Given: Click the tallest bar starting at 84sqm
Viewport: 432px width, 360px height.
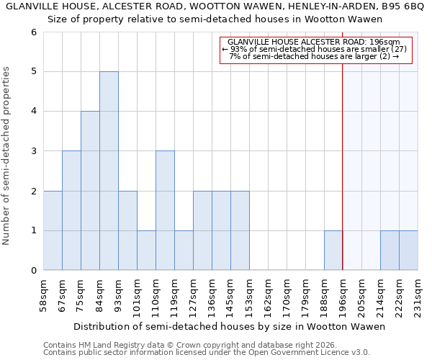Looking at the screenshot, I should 109,171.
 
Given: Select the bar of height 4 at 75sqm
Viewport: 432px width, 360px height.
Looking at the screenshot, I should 90,191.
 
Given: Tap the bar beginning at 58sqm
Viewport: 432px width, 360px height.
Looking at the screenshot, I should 53,230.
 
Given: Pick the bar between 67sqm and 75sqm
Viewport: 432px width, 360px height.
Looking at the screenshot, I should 71,210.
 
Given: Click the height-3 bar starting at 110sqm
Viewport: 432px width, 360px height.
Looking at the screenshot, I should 165,210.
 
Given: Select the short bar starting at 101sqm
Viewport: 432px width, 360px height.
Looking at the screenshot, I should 146,251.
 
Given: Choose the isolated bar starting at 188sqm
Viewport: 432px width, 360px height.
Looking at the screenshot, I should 333,251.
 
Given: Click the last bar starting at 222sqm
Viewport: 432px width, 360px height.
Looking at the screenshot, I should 408,251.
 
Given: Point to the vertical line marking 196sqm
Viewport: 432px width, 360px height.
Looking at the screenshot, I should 343,144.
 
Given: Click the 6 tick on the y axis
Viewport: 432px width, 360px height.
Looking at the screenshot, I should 33,32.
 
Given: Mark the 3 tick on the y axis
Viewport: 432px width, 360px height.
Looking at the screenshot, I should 33,151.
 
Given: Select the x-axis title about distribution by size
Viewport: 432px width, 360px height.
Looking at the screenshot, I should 230,326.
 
